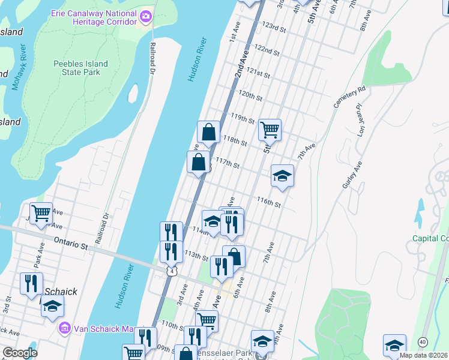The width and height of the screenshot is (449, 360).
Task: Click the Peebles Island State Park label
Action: coord(80,68)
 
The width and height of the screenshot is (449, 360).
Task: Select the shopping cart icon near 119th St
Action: coord(270,129)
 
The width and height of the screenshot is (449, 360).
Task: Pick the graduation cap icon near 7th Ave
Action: coord(282,176)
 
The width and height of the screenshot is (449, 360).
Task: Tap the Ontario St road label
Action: coord(71,246)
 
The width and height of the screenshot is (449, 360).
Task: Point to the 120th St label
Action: coord(250,96)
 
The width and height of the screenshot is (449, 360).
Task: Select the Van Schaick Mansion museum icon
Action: coord(64,329)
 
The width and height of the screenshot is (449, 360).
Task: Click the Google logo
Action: coord(20,353)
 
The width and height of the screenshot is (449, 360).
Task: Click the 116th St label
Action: coord(269,204)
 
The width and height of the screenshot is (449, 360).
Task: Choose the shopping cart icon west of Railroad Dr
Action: coord(41,213)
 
